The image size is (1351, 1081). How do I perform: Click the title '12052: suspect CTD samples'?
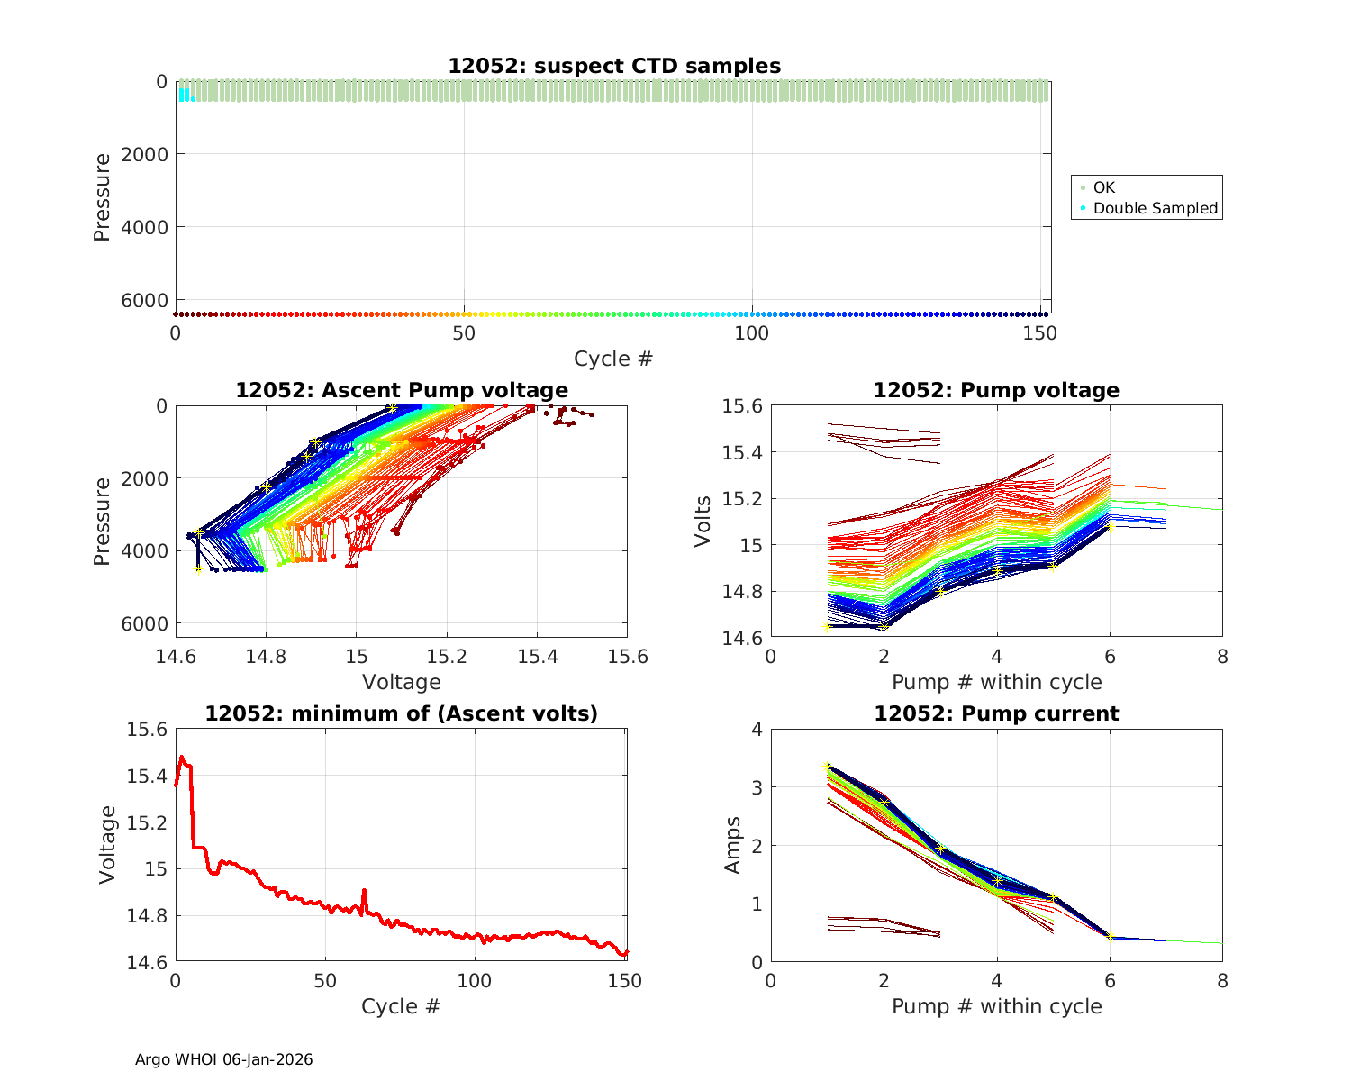point(614,66)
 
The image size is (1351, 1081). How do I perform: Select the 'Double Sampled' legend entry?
point(1155,208)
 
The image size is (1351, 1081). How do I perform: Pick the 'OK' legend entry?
point(1103,187)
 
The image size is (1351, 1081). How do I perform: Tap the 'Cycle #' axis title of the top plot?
point(612,359)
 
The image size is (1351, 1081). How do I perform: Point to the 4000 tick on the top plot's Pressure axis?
point(150,227)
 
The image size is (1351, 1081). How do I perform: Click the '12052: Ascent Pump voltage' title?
point(402,390)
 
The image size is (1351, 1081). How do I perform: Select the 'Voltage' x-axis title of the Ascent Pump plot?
point(402,682)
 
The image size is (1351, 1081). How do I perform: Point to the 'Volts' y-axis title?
point(703,521)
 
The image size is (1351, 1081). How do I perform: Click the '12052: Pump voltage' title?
point(996,390)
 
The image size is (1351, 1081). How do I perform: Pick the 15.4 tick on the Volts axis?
point(742,452)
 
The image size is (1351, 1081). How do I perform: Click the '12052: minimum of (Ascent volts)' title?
point(402,713)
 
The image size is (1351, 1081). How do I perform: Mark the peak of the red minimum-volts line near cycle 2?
point(182,757)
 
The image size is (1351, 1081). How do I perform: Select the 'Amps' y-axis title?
point(733,845)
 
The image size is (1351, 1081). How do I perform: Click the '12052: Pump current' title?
point(996,713)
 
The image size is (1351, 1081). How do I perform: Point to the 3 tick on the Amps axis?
point(757,787)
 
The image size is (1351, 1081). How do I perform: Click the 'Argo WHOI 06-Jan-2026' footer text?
point(223,1059)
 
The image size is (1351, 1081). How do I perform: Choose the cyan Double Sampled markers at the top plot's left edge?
point(184,94)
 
